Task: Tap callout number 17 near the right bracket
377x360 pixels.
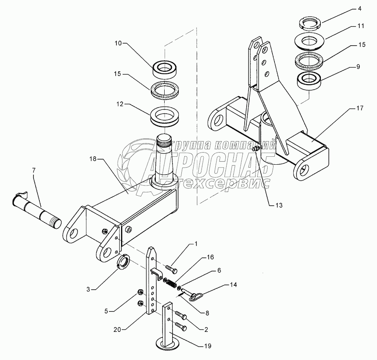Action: pos(360,108)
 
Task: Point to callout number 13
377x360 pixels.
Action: pos(279,205)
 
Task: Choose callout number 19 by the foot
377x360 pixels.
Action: pos(208,346)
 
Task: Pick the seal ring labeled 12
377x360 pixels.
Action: pos(166,116)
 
